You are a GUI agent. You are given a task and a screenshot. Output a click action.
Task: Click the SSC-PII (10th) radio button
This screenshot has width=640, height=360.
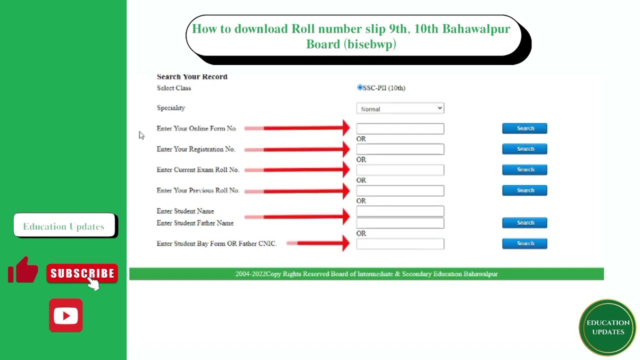(359, 87)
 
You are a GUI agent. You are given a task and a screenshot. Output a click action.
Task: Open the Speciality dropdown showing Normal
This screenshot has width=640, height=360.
(400, 108)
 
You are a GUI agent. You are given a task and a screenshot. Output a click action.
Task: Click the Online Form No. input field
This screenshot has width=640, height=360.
(400, 128)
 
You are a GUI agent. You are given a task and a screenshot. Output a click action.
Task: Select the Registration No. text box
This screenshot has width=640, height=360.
(400, 149)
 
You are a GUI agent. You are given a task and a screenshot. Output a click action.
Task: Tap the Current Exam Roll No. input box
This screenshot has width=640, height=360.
(400, 170)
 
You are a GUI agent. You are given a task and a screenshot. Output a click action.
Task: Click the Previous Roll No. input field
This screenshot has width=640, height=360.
(400, 190)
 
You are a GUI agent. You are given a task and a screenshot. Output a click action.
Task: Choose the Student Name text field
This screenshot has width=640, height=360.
(400, 211)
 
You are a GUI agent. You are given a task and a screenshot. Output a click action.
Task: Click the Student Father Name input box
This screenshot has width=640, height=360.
(400, 223)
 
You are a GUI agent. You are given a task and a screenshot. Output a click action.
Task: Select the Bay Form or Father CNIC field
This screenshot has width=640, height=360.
(400, 244)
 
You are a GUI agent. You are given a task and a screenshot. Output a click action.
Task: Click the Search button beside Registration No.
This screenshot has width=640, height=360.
(524, 149)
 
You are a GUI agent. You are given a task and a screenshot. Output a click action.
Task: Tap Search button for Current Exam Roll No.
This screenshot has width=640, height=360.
(524, 169)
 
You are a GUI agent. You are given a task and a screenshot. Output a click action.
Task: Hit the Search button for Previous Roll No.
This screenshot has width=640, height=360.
(524, 190)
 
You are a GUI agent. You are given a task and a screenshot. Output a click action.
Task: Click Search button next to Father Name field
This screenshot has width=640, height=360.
(524, 223)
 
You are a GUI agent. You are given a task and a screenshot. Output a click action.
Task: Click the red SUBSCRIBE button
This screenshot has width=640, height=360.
(82, 273)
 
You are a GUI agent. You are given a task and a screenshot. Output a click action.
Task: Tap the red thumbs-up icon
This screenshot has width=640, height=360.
(23, 269)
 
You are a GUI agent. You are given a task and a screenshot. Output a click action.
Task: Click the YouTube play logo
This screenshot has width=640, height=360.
(65, 315)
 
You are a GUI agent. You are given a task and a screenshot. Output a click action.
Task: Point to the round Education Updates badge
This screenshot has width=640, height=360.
(608, 327)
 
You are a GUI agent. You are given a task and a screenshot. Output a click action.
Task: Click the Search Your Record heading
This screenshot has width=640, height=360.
(192, 76)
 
